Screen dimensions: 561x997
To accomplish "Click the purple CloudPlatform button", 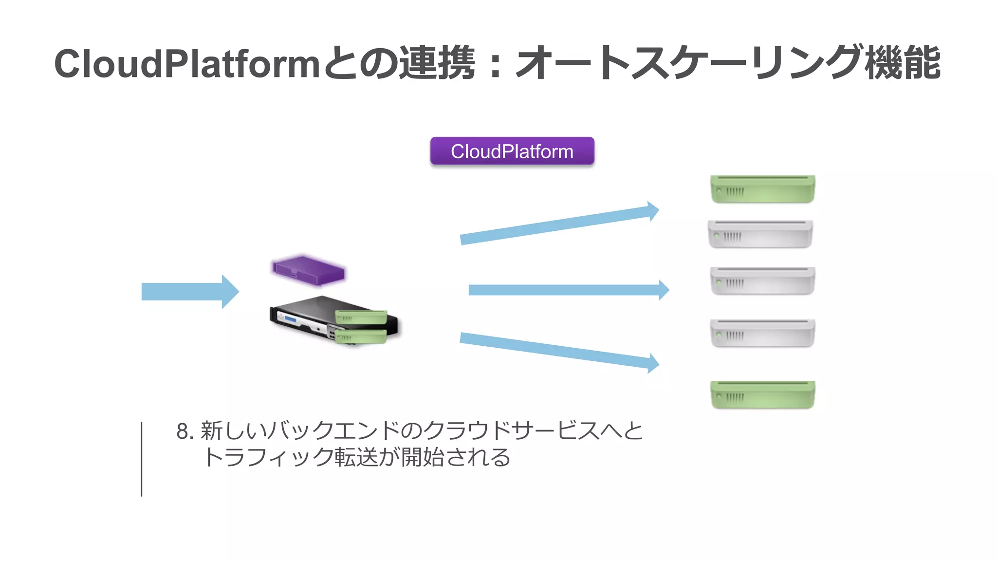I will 512,151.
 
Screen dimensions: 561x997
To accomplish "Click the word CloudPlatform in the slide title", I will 186,64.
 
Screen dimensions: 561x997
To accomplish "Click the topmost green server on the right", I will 762,189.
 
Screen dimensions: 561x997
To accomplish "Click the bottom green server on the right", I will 762,394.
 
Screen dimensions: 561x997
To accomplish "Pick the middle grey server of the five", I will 762,280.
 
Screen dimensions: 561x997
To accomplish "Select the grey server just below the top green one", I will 760,234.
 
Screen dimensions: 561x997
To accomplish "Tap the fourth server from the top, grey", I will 762,333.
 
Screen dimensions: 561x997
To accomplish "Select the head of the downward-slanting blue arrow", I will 653,363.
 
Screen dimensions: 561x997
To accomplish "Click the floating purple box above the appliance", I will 309,270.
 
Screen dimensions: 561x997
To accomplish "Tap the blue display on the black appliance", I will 291,319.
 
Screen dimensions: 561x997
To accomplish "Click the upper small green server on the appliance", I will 361,317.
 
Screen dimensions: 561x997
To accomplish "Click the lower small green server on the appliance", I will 361,337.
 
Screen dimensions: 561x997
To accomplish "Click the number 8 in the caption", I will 183,431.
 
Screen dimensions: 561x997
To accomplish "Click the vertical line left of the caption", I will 142,459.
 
